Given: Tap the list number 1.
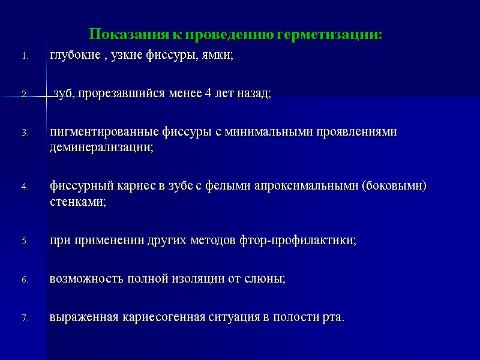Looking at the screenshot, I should [25, 56].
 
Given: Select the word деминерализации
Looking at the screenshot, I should [101, 148].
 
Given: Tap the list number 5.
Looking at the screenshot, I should [25, 241].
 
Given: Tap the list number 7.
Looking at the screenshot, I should [25, 318].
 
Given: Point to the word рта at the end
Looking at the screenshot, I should [334, 317].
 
